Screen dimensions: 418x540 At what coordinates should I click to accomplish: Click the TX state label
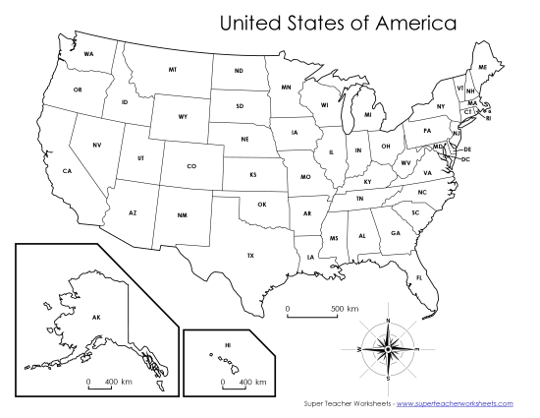[x=250, y=255]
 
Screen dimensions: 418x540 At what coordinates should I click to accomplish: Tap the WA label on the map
[x=88, y=53]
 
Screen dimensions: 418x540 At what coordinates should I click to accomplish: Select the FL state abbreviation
[x=419, y=277]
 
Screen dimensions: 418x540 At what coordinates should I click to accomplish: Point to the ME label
[x=482, y=67]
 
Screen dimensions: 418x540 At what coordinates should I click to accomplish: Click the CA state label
[x=68, y=171]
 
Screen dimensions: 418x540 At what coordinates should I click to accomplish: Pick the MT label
[x=173, y=70]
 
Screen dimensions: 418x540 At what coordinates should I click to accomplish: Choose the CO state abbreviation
[x=191, y=165]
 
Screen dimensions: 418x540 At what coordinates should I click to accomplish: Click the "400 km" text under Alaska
[x=111, y=381]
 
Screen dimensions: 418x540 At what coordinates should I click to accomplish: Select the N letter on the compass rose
[x=390, y=321]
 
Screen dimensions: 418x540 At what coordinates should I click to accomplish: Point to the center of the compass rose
[x=390, y=348]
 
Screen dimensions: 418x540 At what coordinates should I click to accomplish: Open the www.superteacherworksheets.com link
[x=457, y=404]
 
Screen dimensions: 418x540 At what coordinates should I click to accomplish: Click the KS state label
[x=252, y=174]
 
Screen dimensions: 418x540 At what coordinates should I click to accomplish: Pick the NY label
[x=441, y=105]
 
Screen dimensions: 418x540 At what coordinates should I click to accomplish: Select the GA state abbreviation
[x=395, y=233]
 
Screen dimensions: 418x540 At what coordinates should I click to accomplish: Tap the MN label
[x=286, y=88]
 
